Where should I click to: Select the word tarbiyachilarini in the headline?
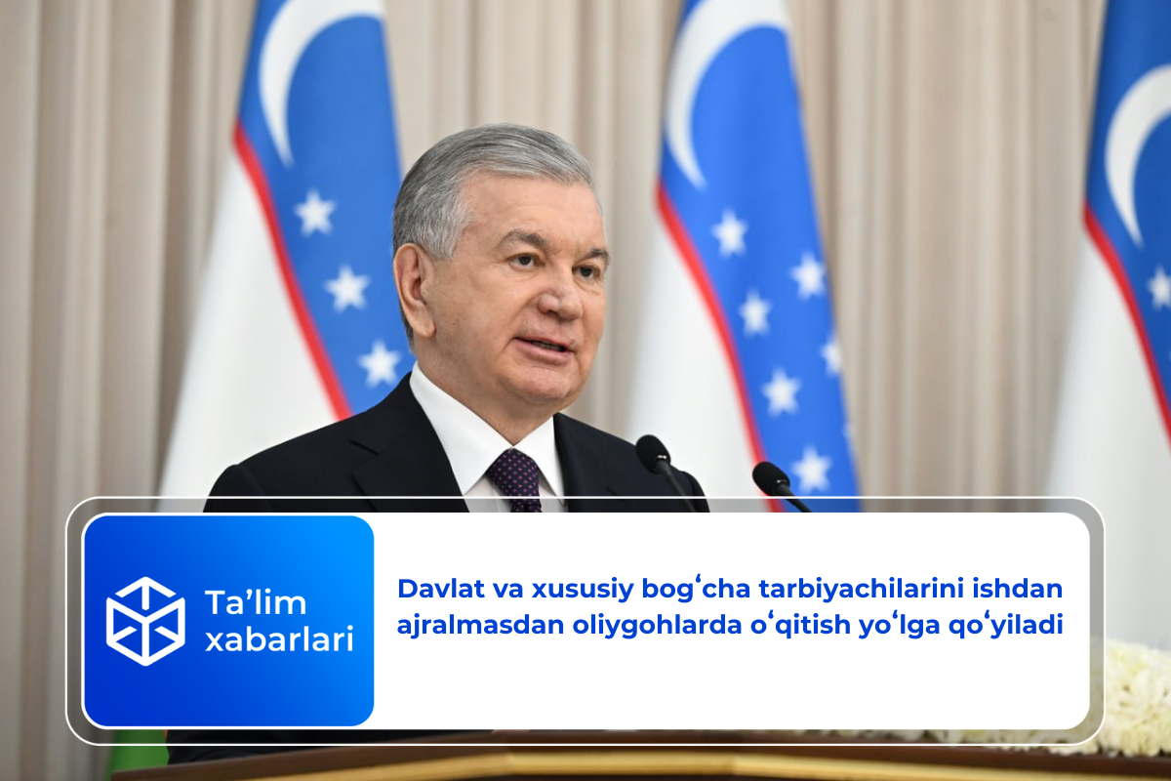pos(861,590)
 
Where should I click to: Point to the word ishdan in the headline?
pos(1017,589)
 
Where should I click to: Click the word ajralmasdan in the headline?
pos(480,625)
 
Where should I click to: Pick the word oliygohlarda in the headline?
pos(657,626)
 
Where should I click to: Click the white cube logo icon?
pos(145,621)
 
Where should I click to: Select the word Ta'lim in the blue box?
pos(256,602)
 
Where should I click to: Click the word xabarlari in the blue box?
pos(279,638)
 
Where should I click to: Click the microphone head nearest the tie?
pos(653,453)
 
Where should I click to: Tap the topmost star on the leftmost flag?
pos(314,213)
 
